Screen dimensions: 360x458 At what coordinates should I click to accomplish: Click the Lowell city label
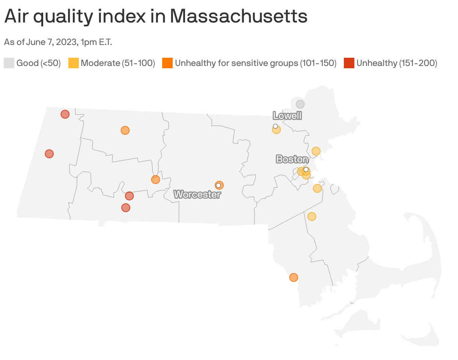click(287, 115)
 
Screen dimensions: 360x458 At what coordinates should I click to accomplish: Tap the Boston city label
click(292, 159)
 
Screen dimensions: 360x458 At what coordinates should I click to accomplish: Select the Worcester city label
click(197, 195)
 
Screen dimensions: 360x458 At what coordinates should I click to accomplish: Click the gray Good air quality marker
click(300, 104)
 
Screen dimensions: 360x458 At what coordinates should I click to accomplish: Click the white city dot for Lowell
click(275, 126)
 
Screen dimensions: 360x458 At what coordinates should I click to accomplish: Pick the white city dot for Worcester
click(218, 185)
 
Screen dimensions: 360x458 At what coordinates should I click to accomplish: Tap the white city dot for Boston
click(306, 169)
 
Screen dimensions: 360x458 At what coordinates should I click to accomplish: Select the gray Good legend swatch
click(9, 63)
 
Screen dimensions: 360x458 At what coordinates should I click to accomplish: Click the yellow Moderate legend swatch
click(73, 63)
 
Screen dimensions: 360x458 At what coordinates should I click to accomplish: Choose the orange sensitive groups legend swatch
click(167, 63)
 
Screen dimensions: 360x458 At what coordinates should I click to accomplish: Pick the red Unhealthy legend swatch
click(349, 63)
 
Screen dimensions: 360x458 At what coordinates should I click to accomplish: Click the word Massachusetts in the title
click(238, 16)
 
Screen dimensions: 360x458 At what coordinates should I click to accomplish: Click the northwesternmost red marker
click(65, 114)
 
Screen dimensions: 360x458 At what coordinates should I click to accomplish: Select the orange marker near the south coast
click(294, 277)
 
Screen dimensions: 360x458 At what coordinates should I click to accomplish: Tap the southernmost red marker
click(126, 207)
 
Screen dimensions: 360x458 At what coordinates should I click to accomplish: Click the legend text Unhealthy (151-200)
click(396, 63)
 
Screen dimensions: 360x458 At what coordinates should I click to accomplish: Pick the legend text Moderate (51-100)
click(118, 63)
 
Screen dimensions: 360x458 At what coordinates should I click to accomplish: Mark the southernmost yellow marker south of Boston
click(312, 216)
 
